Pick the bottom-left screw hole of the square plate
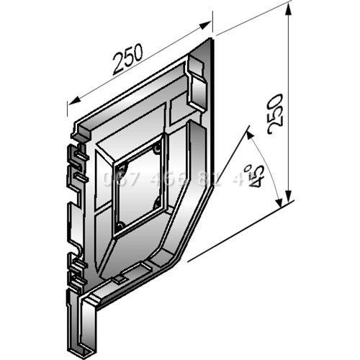119,229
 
